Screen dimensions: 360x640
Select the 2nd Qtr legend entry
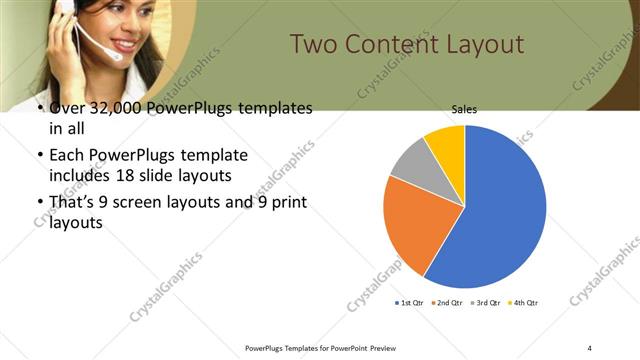pyautogui.click(x=448, y=302)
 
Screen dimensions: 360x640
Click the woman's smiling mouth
pyautogui.click(x=127, y=44)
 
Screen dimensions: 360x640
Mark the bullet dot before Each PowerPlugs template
pyautogui.click(x=39, y=156)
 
